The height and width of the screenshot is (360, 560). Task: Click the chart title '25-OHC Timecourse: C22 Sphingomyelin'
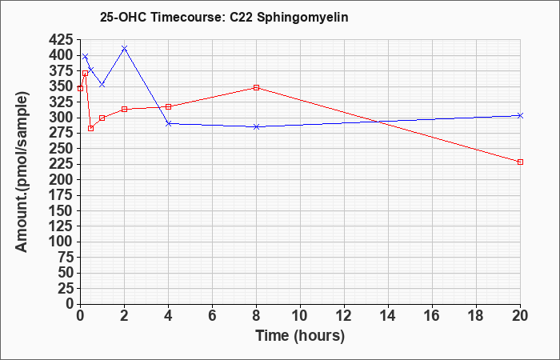[x=224, y=18]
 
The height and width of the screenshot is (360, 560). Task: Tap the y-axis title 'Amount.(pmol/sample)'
[x=22, y=172]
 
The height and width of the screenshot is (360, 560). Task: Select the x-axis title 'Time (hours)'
[x=300, y=336]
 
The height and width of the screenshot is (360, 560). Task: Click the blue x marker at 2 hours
[x=124, y=48]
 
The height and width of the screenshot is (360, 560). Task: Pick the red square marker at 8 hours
[x=256, y=87]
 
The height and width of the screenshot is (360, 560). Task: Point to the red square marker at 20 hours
[x=520, y=162]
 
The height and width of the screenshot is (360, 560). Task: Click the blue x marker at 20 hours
[x=520, y=115]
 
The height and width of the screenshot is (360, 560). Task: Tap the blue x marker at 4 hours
[x=168, y=123]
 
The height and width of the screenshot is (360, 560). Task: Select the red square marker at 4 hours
[x=168, y=106]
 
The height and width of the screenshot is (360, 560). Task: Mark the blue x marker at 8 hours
[x=256, y=126]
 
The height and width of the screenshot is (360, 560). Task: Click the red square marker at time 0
[x=80, y=88]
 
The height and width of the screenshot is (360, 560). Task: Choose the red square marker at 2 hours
[x=124, y=109]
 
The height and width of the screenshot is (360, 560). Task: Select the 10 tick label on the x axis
[x=300, y=316]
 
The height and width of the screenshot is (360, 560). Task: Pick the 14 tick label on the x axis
[x=388, y=316]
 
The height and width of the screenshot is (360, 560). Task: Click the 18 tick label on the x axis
[x=477, y=316]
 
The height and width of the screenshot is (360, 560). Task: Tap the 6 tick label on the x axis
[x=212, y=316]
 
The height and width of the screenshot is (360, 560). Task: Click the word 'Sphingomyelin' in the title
[x=302, y=18]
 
